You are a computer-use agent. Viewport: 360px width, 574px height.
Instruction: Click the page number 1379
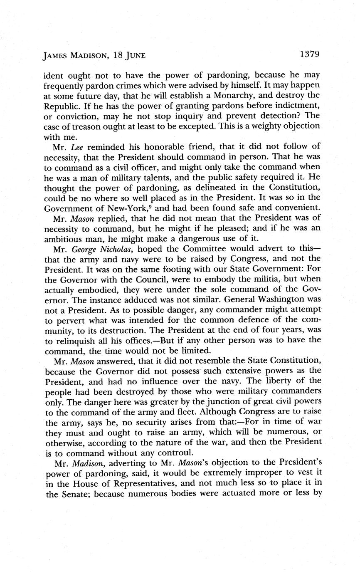[x=308, y=54]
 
